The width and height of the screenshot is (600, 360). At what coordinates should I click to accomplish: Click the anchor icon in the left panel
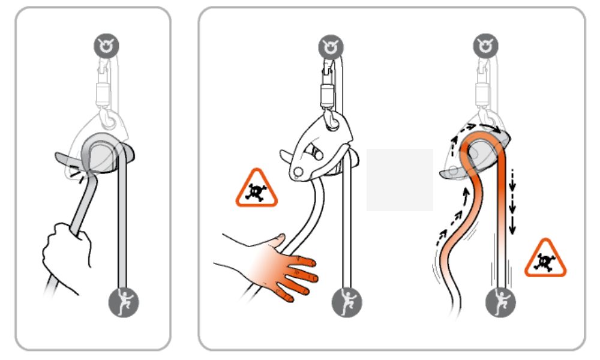point(110,45)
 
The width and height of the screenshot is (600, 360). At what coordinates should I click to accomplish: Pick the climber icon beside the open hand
point(346,302)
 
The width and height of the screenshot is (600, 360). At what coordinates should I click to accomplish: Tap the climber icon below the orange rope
point(500,302)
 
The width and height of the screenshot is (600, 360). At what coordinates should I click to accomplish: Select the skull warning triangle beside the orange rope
point(545,259)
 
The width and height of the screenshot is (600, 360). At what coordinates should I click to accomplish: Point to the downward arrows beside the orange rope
point(512,201)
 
